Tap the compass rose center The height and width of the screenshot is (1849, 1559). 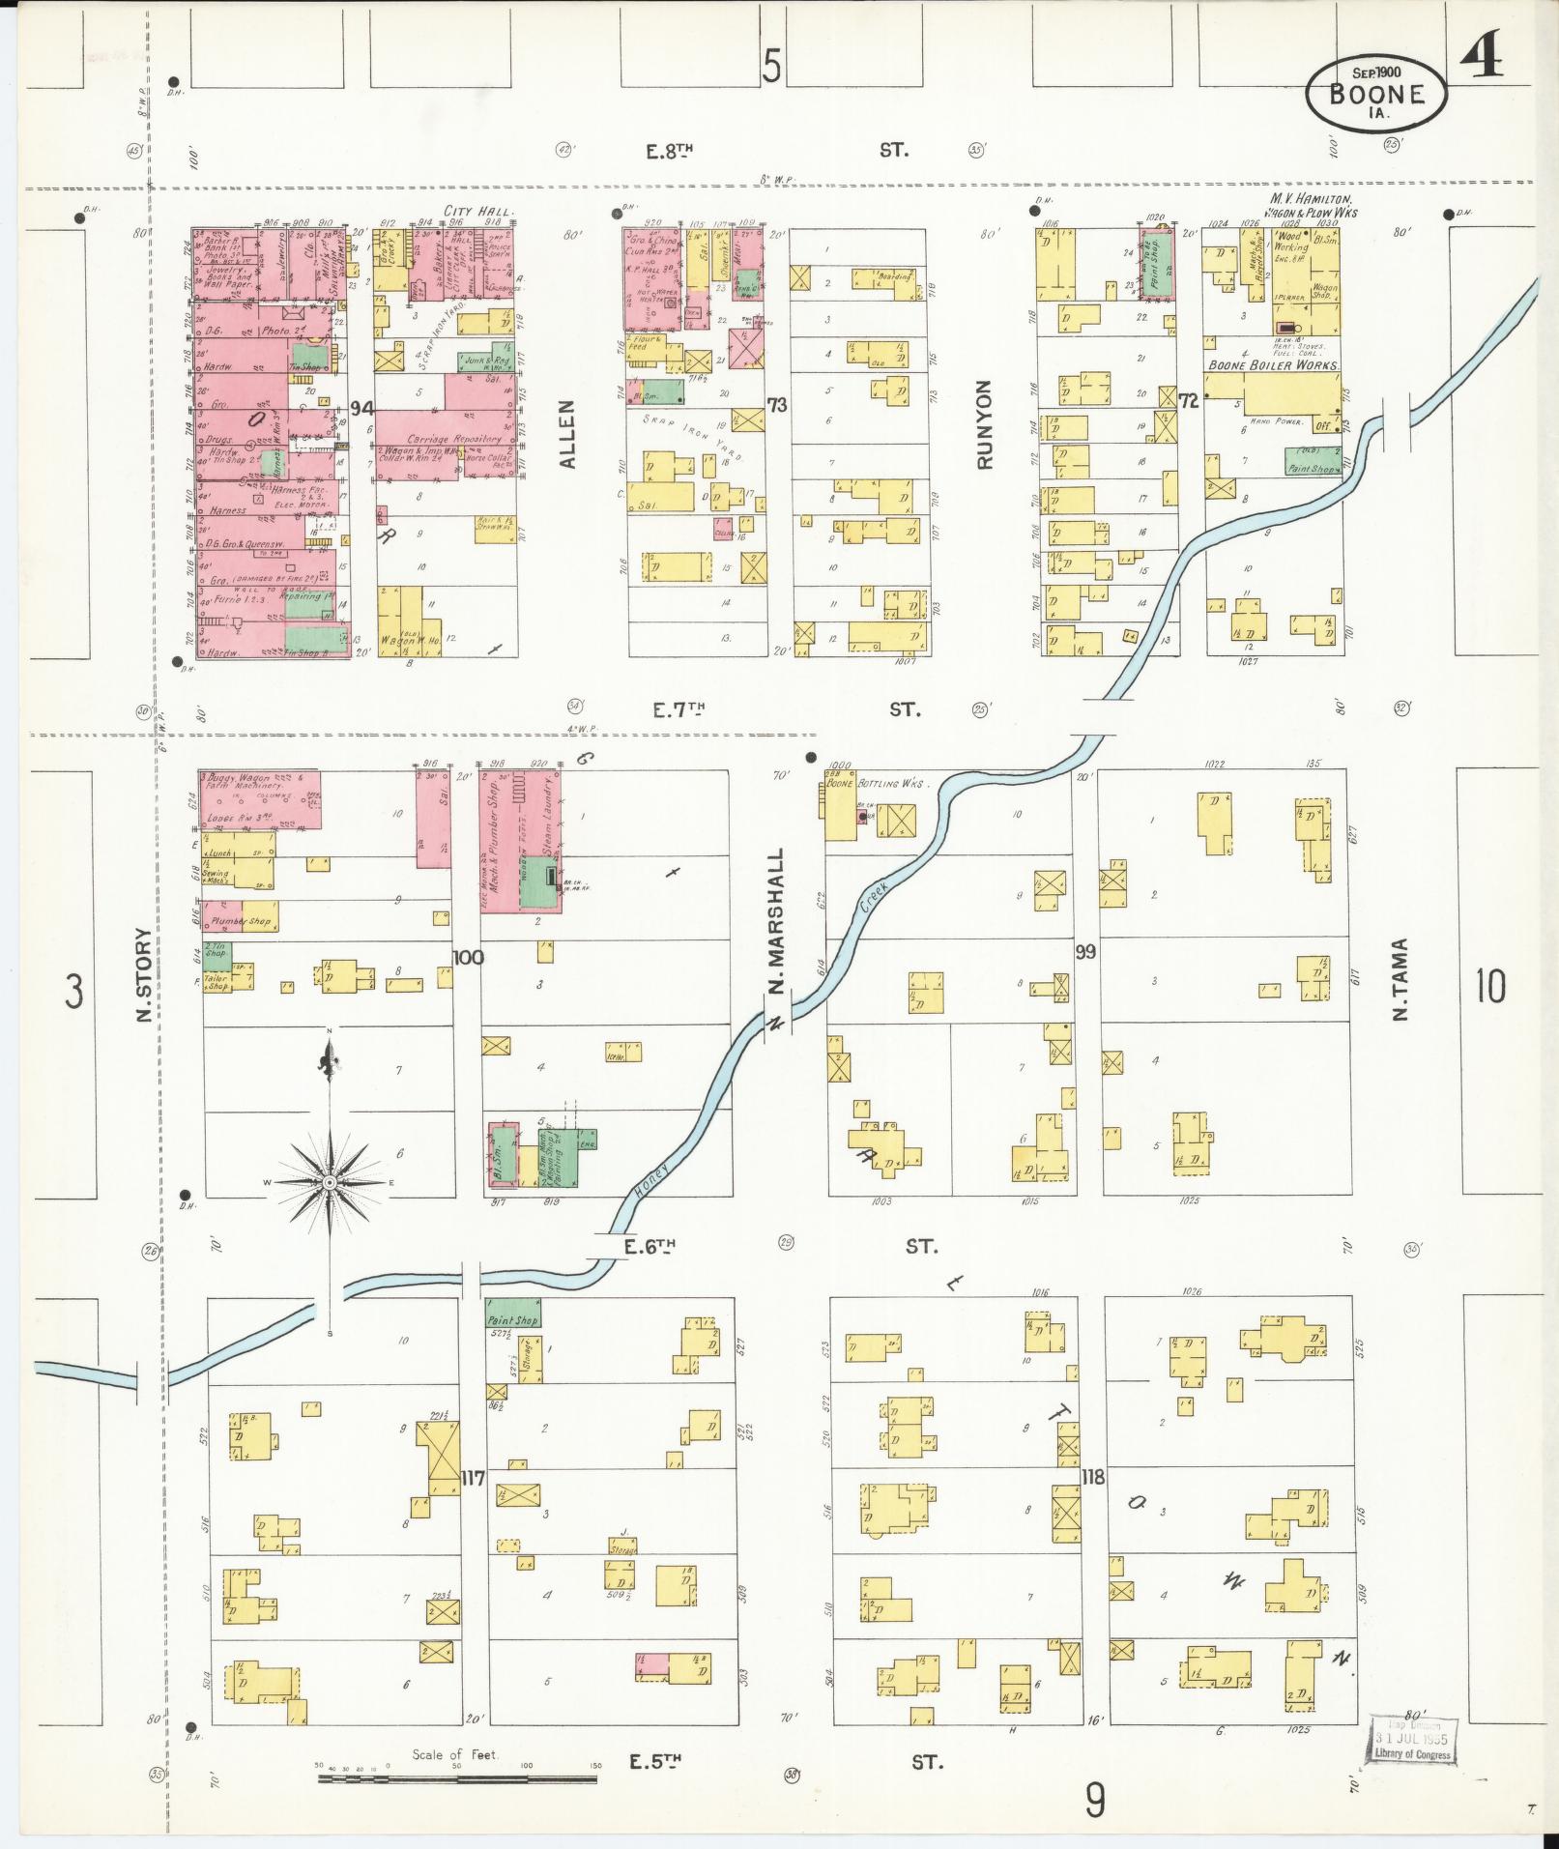tap(330, 1182)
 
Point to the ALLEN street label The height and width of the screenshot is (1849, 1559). tap(567, 436)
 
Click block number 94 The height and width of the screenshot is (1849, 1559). tap(361, 407)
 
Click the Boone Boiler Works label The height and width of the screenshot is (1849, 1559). tap(1273, 366)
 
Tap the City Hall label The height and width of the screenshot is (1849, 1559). tap(480, 210)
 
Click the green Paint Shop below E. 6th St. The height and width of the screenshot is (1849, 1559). tap(512, 1313)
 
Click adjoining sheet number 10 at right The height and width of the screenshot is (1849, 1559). tap(1489, 987)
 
